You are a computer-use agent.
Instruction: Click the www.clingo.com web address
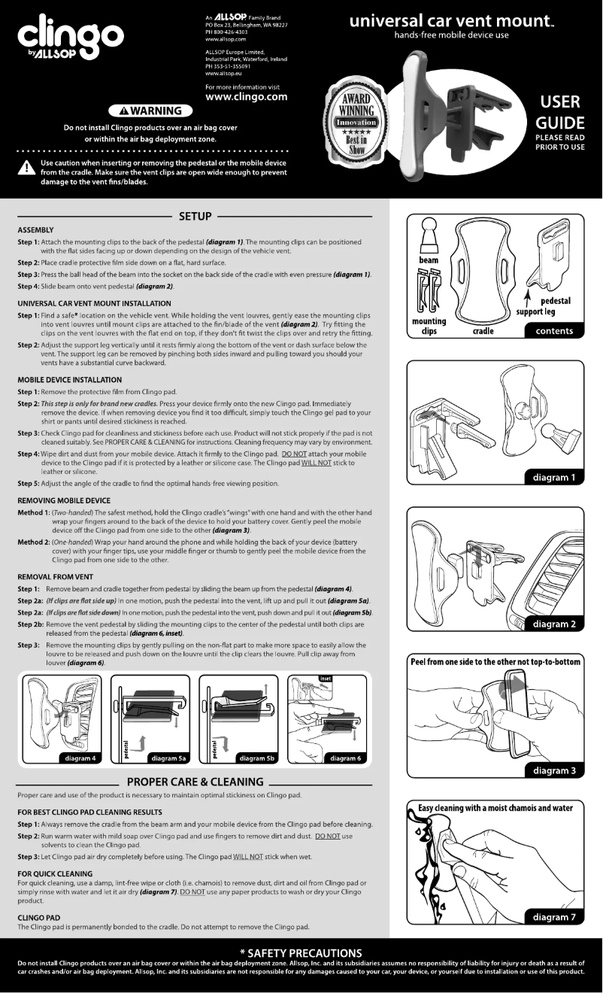point(246,97)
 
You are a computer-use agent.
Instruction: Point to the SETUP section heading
point(195,216)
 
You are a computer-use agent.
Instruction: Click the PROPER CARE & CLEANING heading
point(195,782)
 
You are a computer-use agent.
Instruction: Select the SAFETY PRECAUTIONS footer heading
point(301,953)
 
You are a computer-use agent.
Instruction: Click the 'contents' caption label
point(555,330)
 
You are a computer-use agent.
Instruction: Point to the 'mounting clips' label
point(429,326)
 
